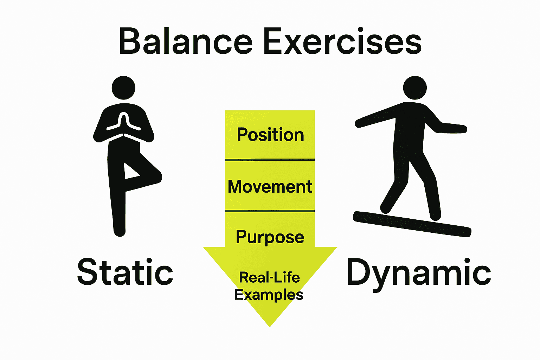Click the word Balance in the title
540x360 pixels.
click(x=186, y=41)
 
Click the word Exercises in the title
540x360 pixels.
click(x=342, y=41)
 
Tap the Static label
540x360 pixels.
click(x=125, y=272)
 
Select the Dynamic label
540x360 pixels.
click(x=418, y=273)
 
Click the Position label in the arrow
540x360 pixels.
click(x=270, y=135)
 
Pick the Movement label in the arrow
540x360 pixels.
click(x=270, y=186)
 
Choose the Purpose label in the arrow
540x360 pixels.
click(x=270, y=237)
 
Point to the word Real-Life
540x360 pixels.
click(x=270, y=278)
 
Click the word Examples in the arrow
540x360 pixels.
click(x=269, y=295)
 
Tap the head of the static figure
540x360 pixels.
click(x=123, y=88)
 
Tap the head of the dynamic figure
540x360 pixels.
click(x=415, y=88)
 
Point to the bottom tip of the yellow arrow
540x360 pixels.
click(x=270, y=325)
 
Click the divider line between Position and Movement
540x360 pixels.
click(x=270, y=160)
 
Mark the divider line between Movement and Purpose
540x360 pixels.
click(x=270, y=211)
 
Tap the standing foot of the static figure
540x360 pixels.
click(x=120, y=230)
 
